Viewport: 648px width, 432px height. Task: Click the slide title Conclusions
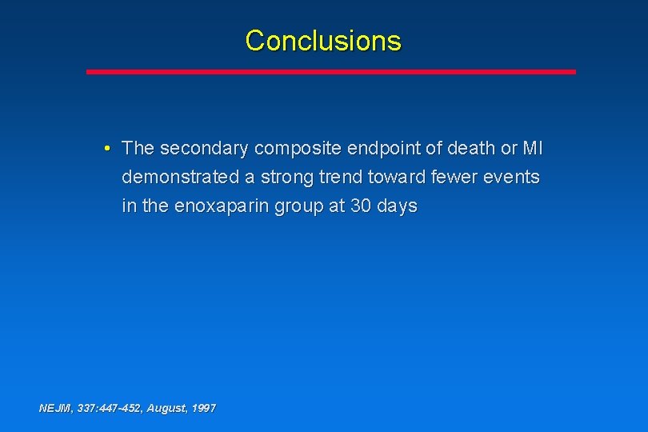[323, 40]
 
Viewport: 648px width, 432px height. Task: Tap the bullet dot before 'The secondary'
[107, 149]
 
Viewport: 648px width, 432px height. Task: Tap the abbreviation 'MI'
[532, 149]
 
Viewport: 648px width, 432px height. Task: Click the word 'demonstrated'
[175, 177]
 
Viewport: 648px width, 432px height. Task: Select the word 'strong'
[278, 177]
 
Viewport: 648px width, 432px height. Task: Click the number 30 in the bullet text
[361, 206]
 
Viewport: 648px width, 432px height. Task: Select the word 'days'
[397, 206]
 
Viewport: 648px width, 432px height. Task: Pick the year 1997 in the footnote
[203, 408]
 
